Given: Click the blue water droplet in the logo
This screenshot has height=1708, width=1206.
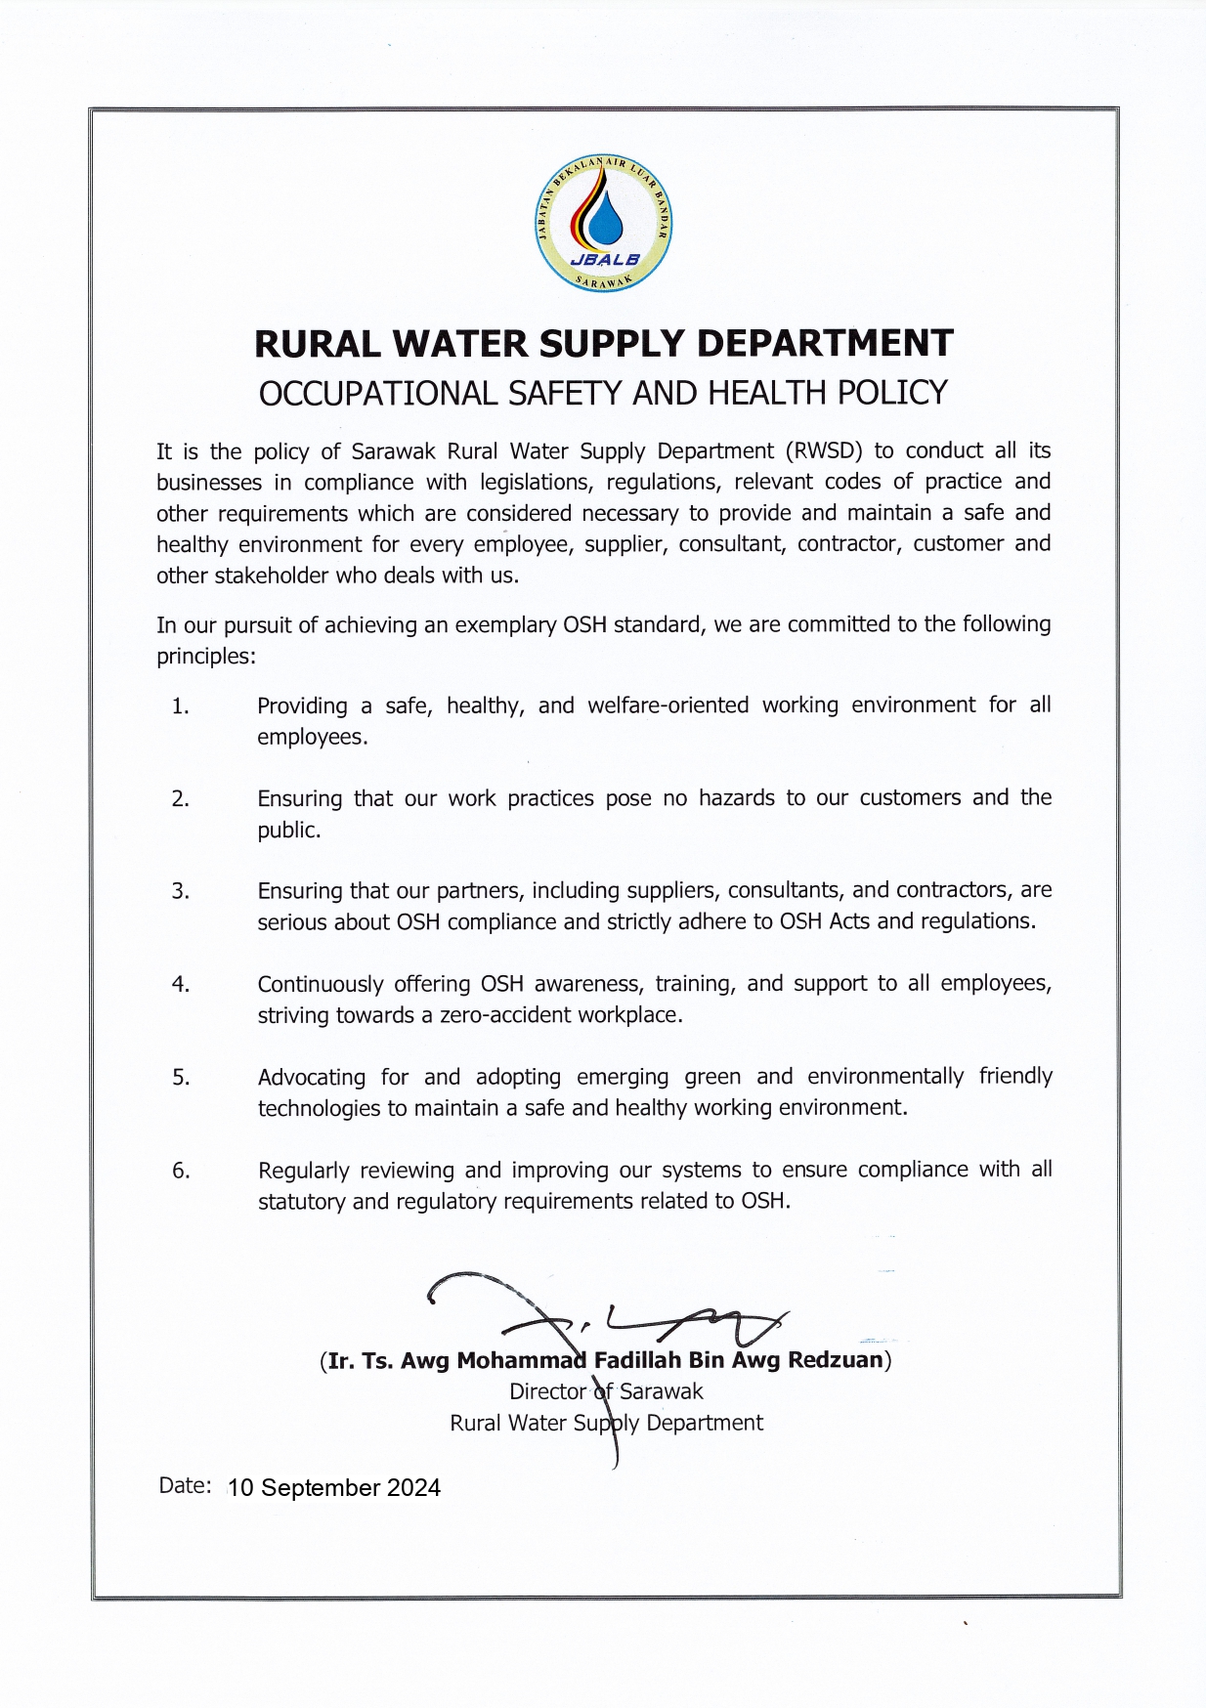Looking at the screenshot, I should pos(604,220).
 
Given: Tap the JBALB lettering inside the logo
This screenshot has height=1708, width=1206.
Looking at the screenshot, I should pos(604,260).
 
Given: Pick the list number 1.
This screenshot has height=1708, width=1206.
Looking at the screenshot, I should pos(180,706).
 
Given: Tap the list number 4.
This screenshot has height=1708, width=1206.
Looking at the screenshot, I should pos(181,985).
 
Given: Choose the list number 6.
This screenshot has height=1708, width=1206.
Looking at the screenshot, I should pos(181,1171).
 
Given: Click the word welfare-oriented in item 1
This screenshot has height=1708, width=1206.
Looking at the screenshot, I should pos(668,705).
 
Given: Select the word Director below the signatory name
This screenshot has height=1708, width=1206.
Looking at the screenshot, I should pos(547,1391).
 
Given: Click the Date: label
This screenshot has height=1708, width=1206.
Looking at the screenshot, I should pos(185,1485).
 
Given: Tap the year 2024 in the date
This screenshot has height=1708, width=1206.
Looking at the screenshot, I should pos(413,1488).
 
